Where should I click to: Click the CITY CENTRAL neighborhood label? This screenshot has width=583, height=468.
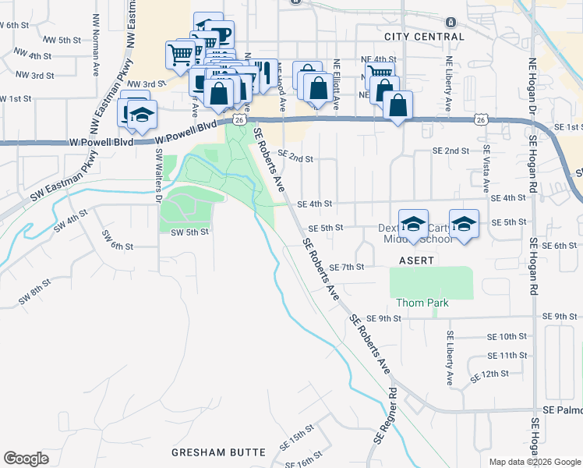pos(424,37)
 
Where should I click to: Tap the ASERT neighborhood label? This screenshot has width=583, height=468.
pos(416,260)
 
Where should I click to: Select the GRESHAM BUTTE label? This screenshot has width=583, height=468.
pos(219,452)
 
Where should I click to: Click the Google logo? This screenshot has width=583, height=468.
pos(26,459)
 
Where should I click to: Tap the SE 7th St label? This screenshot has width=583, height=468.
pos(347,267)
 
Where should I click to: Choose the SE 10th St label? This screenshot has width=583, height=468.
pos(507,336)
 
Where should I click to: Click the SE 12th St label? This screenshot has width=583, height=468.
pos(489,374)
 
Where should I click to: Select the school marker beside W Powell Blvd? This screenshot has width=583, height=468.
pos(142,115)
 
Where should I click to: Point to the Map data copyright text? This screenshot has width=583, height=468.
pos(534,462)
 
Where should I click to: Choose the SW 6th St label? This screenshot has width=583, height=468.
pos(117,246)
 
